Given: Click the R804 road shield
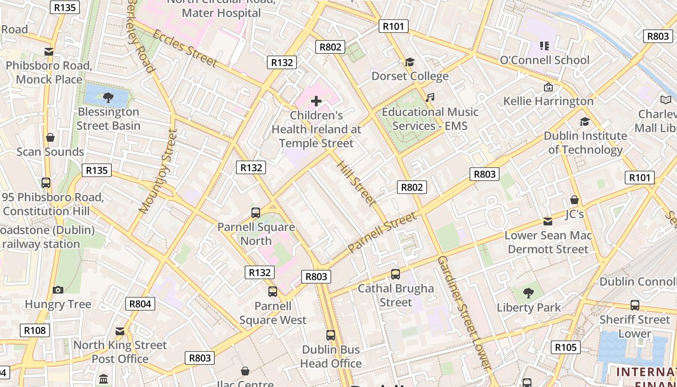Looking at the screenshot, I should (140, 304).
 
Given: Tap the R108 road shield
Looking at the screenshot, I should (35, 330).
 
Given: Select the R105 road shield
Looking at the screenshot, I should (565, 347).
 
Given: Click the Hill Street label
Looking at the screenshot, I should (356, 183).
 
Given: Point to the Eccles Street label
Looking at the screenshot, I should (185, 47).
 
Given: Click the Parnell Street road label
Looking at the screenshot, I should (382, 232).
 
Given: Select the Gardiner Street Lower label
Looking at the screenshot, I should (465, 313).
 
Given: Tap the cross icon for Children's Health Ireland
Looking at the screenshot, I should (316, 101).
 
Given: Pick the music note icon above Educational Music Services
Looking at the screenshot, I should (429, 98).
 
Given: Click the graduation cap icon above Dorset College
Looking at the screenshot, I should (410, 62).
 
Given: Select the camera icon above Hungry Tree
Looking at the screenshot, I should (58, 290).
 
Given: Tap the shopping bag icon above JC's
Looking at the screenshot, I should (574, 200).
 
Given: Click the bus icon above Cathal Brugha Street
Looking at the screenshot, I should (396, 274).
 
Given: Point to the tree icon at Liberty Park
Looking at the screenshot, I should (529, 293).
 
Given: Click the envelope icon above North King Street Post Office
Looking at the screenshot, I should (120, 331).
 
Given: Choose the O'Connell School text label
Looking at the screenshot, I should (545, 60).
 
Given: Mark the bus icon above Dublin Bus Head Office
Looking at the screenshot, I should (331, 335).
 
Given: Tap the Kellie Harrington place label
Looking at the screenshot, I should (548, 101).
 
